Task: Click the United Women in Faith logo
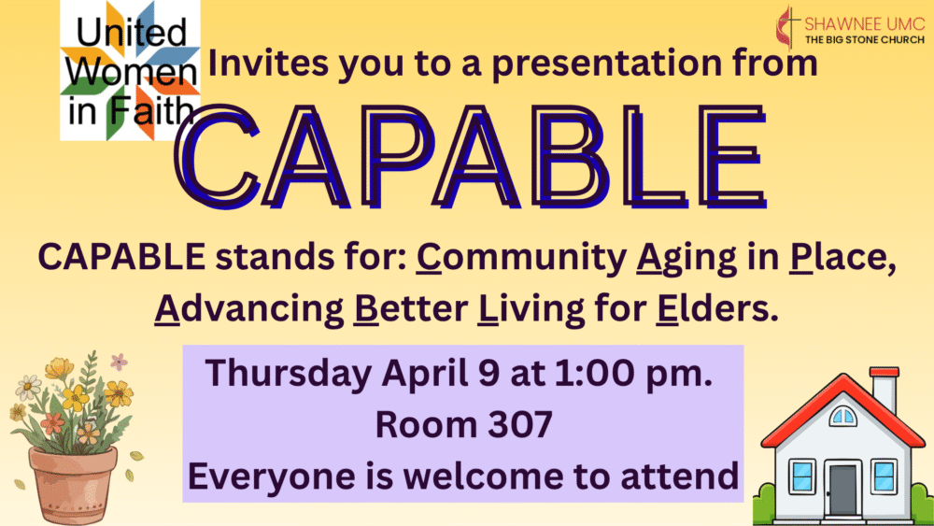tap(130, 70)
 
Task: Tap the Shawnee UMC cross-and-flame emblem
tap(788, 27)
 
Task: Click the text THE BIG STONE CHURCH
tap(865, 40)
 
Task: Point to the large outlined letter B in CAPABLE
tap(569, 157)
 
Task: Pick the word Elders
tap(717, 308)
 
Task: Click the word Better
tap(410, 308)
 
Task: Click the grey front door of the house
tap(842, 490)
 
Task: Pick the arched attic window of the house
tap(842, 416)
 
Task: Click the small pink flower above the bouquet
tap(120, 361)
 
